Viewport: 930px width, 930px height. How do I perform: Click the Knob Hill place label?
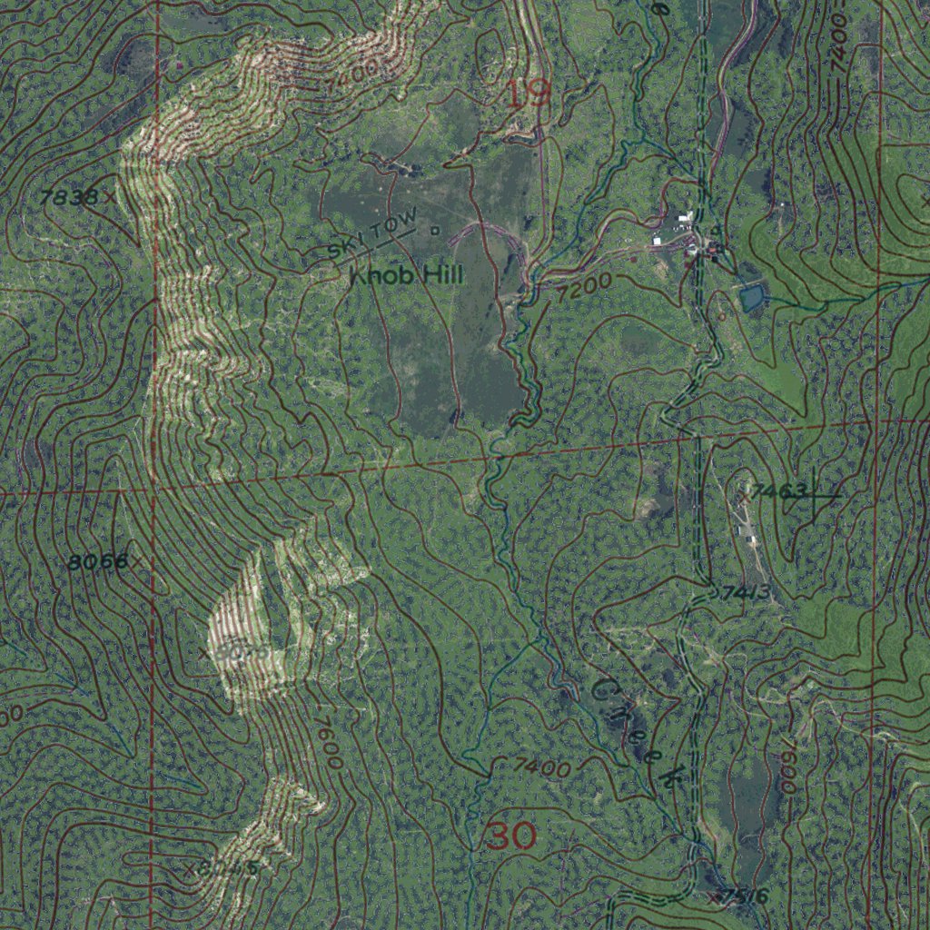(406, 274)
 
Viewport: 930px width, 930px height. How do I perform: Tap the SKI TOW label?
(373, 234)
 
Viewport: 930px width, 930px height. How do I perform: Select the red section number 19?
(528, 94)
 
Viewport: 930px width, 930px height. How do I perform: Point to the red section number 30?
(510, 836)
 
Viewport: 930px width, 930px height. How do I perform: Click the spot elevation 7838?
(69, 196)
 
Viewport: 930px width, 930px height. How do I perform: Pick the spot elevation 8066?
(97, 562)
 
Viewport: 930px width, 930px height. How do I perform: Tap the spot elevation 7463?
(779, 492)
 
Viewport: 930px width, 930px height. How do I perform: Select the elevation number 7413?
(746, 594)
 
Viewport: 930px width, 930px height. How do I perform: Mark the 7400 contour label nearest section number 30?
(541, 767)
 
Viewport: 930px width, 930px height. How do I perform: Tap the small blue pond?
(752, 297)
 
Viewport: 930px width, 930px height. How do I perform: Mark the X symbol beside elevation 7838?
(111, 195)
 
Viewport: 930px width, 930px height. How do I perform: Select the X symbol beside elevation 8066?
(137, 562)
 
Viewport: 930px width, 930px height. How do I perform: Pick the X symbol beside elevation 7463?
(743, 496)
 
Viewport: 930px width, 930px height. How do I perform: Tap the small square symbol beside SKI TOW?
(434, 231)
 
